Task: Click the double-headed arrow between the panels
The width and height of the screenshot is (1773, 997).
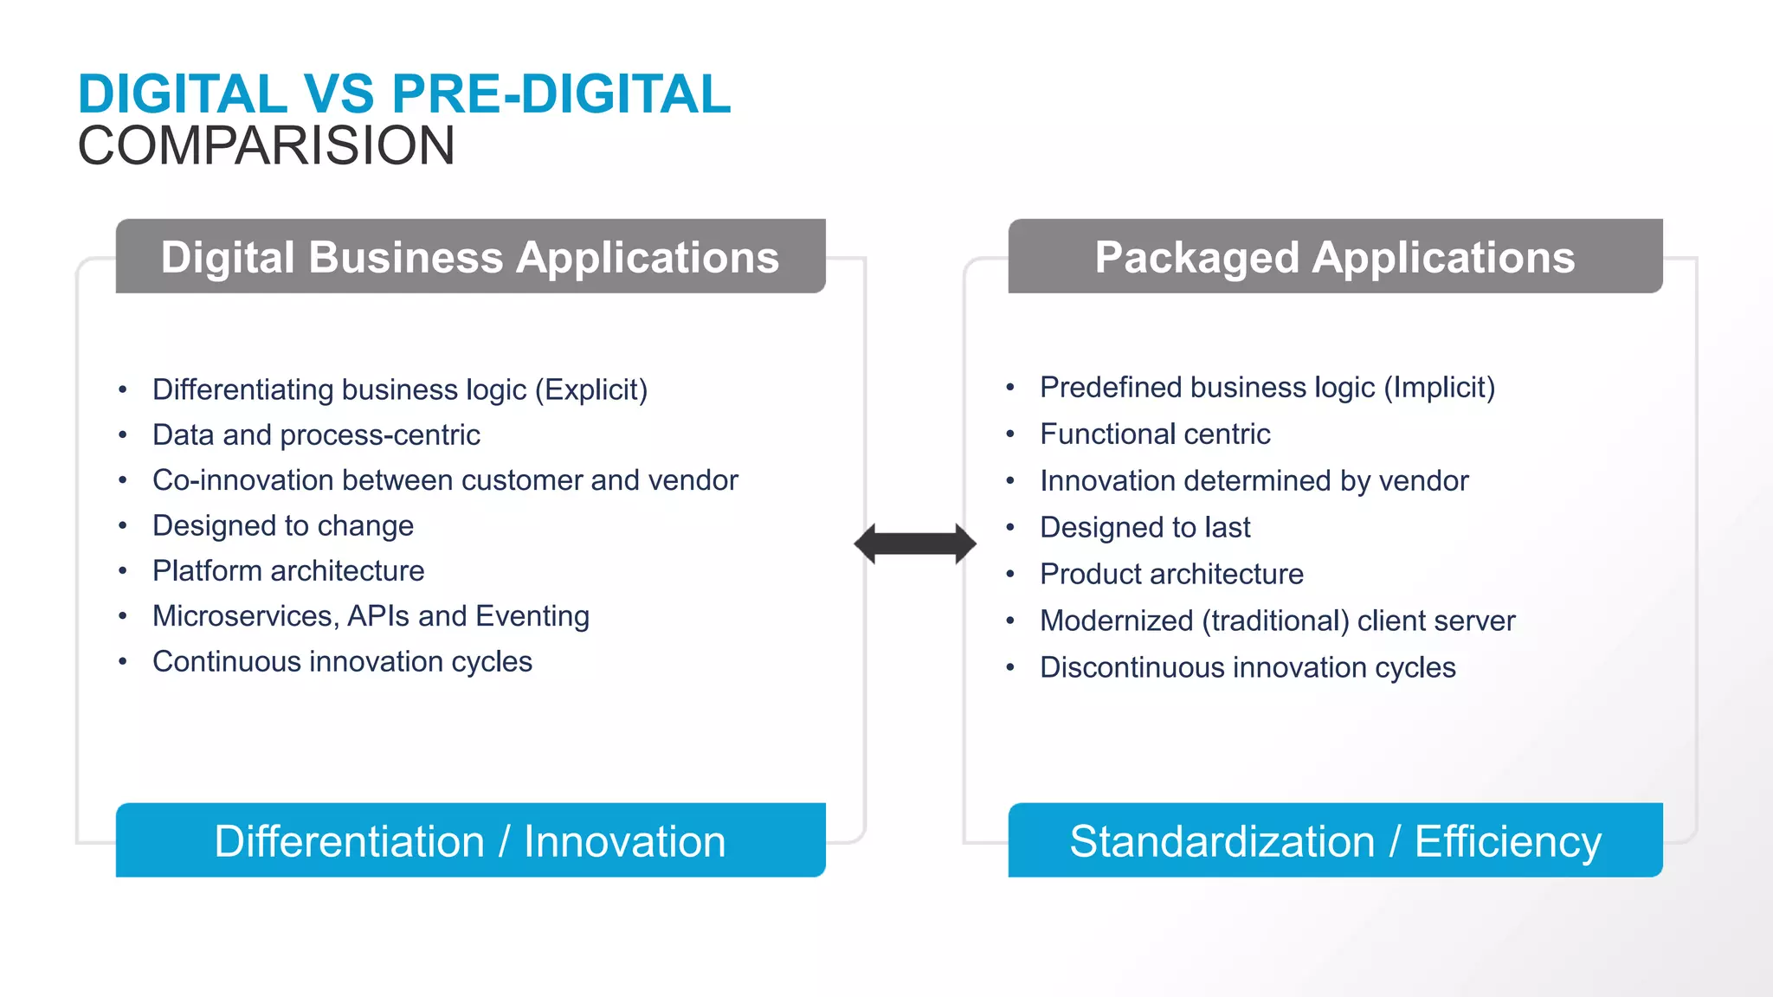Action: pyautogui.click(x=915, y=544)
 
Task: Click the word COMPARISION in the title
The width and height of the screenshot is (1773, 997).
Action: pyautogui.click(x=266, y=145)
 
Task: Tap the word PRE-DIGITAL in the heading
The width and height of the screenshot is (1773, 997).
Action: pyautogui.click(x=562, y=93)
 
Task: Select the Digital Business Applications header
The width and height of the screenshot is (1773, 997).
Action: pyautogui.click(x=470, y=257)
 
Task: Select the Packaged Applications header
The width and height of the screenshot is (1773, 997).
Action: pyautogui.click(x=1335, y=257)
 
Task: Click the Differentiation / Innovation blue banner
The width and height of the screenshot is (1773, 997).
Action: pyautogui.click(x=470, y=840)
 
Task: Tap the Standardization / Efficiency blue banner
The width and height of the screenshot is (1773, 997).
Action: pyautogui.click(x=1335, y=840)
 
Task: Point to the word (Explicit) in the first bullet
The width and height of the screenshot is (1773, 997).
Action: pyautogui.click(x=591, y=389)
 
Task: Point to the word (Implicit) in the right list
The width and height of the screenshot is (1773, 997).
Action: pyautogui.click(x=1439, y=387)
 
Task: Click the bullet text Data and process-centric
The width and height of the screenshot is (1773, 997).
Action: pyautogui.click(x=316, y=434)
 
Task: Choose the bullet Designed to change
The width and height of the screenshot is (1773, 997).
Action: pyautogui.click(x=283, y=525)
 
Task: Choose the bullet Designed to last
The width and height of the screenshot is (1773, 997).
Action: pyautogui.click(x=1144, y=527)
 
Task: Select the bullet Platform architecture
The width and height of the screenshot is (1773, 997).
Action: pyautogui.click(x=288, y=570)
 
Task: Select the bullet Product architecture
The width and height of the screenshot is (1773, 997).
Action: pyautogui.click(x=1171, y=574)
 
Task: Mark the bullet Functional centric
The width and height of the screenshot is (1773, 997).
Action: pyautogui.click(x=1155, y=434)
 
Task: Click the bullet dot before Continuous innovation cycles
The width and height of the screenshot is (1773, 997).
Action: pyautogui.click(x=123, y=662)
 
